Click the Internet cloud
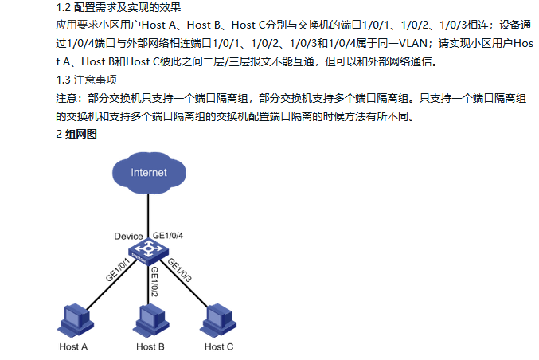pyautogui.click(x=149, y=173)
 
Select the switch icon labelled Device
pyautogui.click(x=148, y=252)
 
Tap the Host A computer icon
pyautogui.click(x=76, y=320)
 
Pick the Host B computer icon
pyautogui.click(x=150, y=320)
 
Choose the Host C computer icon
pyautogui.click(x=218, y=320)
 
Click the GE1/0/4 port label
pyautogui.click(x=168, y=236)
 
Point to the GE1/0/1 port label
pyautogui.click(x=118, y=270)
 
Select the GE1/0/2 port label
pyautogui.click(x=154, y=282)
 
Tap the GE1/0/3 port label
pyautogui.click(x=179, y=270)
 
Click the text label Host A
pyautogui.click(x=73, y=347)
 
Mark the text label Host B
pyautogui.click(x=150, y=347)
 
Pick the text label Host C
pyautogui.click(x=219, y=347)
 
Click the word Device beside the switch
pyautogui.click(x=128, y=237)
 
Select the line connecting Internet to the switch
pyautogui.click(x=148, y=216)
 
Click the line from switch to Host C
pyautogui.click(x=184, y=283)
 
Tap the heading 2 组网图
pyautogui.click(x=76, y=134)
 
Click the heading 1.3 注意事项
pyautogui.click(x=86, y=80)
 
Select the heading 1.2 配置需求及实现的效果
pyautogui.click(x=119, y=7)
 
